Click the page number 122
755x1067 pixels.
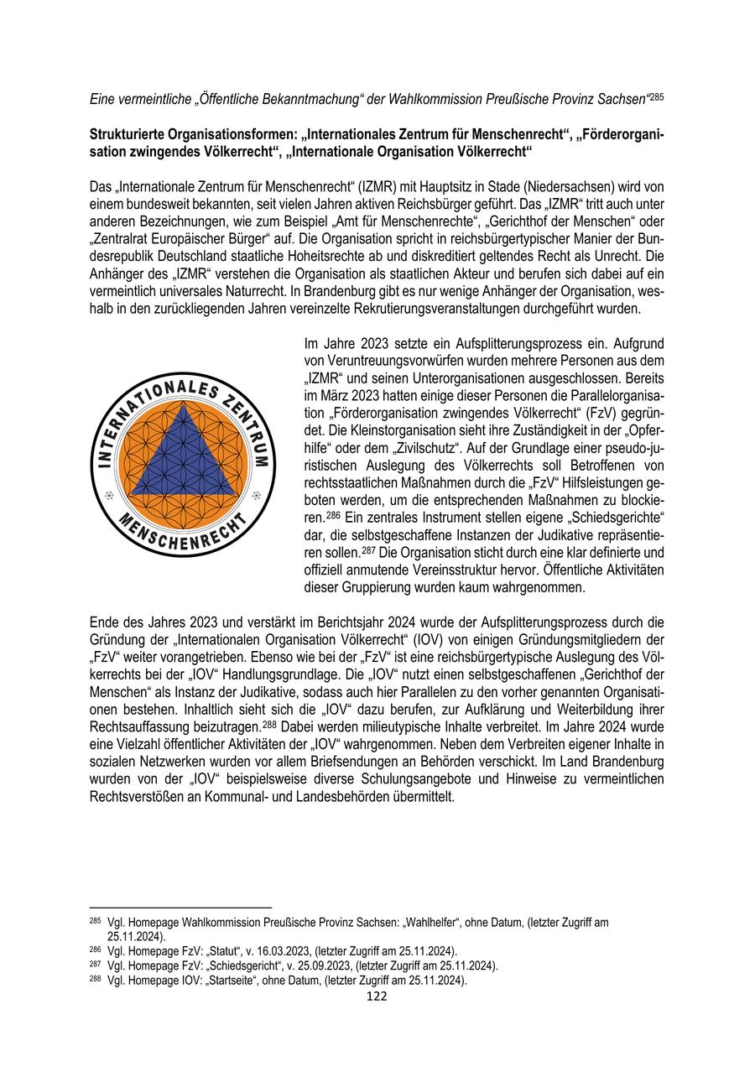[377, 996]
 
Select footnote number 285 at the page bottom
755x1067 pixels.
[94, 921]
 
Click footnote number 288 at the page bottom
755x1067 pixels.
[94, 979]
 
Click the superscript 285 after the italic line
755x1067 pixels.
[657, 97]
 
